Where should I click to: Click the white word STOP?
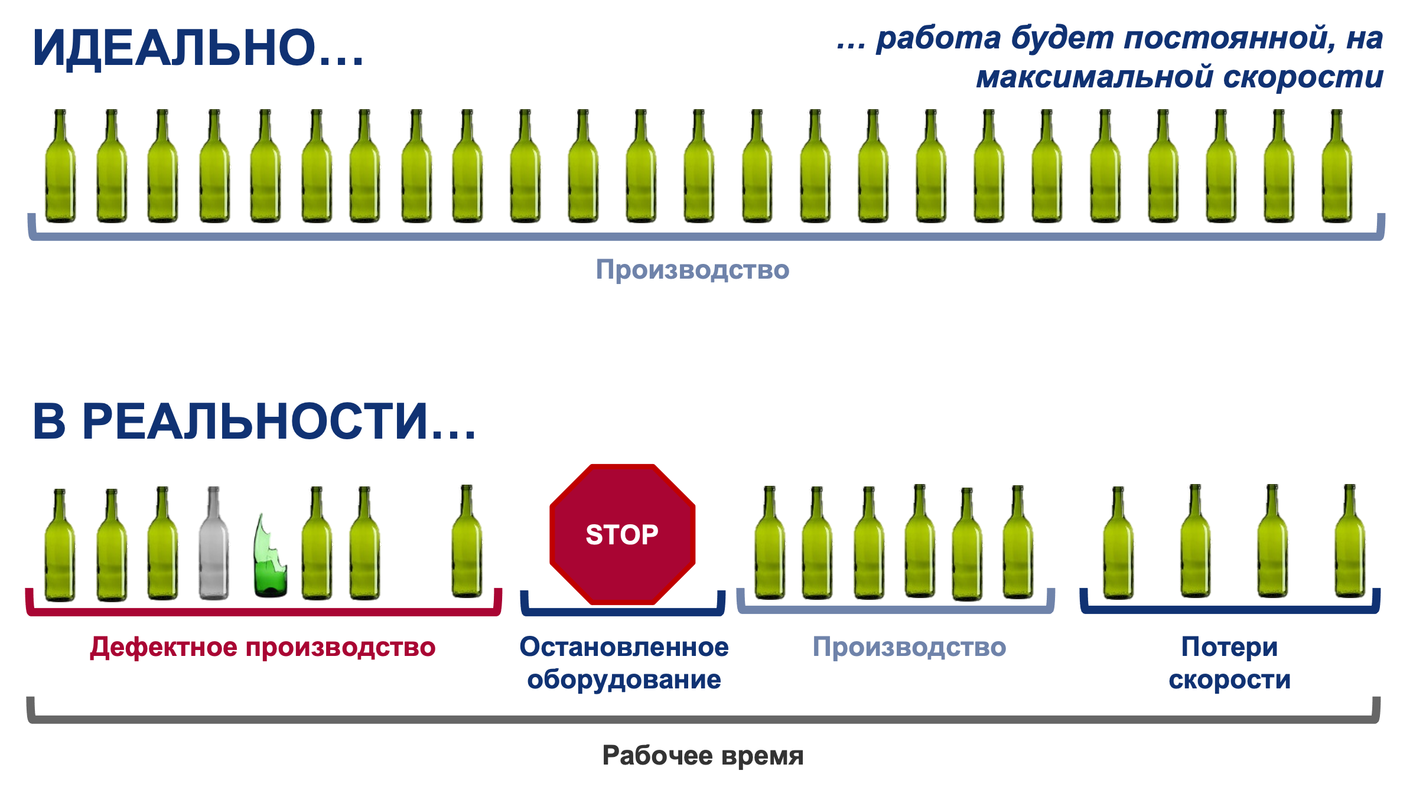[621, 535]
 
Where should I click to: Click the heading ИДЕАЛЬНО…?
[197, 48]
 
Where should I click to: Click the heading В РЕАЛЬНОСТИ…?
[254, 422]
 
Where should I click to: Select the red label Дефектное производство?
[263, 647]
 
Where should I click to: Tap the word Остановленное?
[624, 647]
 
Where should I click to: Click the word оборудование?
[624, 680]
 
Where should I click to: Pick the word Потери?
[1229, 647]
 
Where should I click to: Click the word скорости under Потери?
[1229, 680]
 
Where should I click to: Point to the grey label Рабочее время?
[702, 755]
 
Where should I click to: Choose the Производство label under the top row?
[692, 270]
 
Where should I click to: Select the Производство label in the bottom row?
[909, 647]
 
